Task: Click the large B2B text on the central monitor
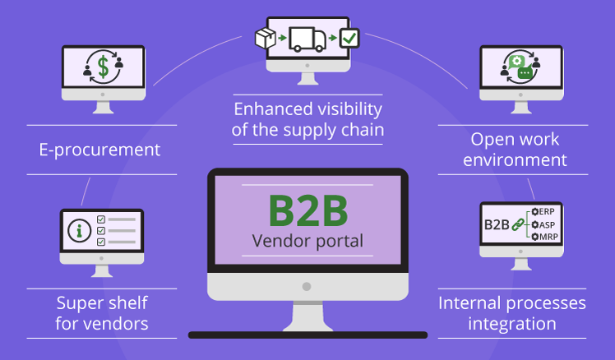pos(307,212)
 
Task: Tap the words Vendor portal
pos(307,242)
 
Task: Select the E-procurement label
pos(99,150)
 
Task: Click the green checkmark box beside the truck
pos(349,38)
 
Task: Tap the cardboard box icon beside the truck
pos(265,38)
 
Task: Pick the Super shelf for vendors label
pos(102,313)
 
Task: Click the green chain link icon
pos(518,224)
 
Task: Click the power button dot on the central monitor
pos(307,286)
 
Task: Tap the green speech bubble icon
pos(524,72)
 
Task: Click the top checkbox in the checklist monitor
pos(101,219)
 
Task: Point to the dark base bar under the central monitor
pos(307,335)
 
